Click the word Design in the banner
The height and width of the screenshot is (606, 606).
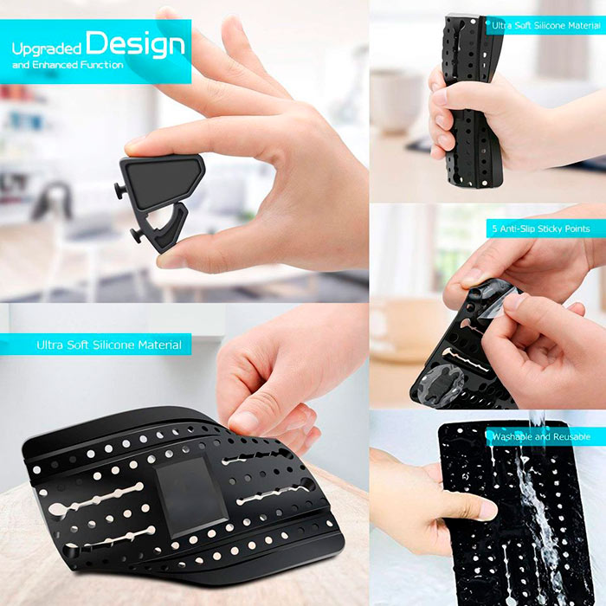click(135, 44)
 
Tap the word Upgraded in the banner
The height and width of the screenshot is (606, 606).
click(47, 48)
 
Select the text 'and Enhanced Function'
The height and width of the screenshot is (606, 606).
click(68, 65)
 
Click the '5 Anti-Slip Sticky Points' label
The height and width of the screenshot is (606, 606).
click(541, 229)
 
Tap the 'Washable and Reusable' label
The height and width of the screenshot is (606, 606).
click(541, 436)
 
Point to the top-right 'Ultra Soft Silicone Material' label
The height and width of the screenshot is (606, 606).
click(546, 25)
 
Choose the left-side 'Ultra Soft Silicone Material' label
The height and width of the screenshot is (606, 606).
click(109, 345)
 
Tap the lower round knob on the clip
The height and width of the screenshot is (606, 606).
click(137, 235)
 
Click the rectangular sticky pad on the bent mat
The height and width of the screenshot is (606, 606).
click(191, 497)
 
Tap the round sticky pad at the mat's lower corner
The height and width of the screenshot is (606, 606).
click(442, 384)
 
